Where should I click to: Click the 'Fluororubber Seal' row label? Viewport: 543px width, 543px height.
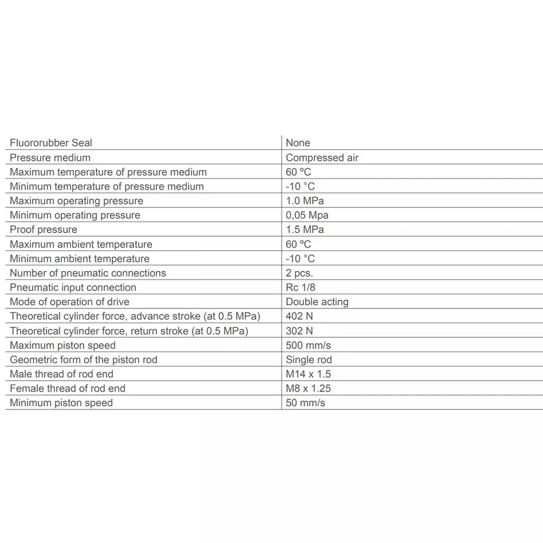coord(51,143)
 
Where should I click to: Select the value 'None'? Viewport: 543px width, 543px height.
coord(298,143)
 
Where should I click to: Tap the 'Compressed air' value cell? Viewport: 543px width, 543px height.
coord(322,157)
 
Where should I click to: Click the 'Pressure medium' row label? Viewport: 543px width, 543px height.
coord(50,157)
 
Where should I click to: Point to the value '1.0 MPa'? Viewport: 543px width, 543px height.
coord(305,201)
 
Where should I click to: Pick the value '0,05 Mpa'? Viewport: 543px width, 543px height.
coord(307,215)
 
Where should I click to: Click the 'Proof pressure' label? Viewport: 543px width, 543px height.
coord(43,230)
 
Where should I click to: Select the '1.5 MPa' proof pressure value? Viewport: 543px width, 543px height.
coord(305,230)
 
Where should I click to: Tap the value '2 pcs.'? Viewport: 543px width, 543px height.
coord(299,273)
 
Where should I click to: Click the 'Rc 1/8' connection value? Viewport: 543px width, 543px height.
coord(300,287)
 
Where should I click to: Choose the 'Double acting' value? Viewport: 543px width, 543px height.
coord(317,302)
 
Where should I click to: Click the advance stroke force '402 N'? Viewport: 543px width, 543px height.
coord(299,316)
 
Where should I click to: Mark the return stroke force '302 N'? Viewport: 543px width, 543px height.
coord(299,331)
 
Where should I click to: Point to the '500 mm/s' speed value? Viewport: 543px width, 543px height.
coord(308,345)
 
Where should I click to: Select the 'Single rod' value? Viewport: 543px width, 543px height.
coord(308,359)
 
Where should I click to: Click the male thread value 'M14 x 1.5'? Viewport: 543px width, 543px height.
coord(308,374)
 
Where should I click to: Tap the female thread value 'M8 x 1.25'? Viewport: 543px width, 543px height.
coord(308,388)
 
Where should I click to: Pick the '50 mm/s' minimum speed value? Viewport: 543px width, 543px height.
coord(305,403)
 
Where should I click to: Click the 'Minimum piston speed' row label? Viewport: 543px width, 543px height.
coord(61,403)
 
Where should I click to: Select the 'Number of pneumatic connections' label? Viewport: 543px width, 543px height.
coord(88,273)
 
